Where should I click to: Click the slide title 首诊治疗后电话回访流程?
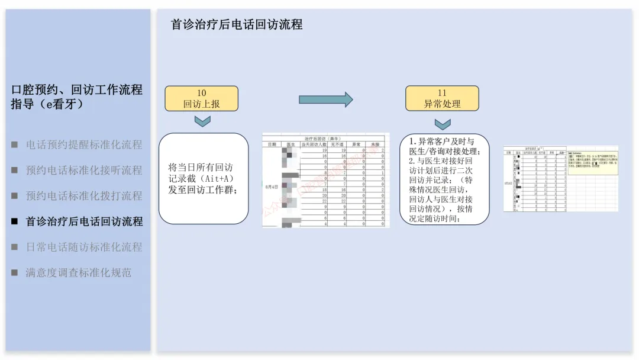237,25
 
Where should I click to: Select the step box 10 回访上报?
201,98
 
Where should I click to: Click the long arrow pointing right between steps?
325,99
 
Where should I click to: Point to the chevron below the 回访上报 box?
202,121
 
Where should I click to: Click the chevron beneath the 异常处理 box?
443,123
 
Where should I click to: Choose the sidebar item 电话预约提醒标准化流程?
84,144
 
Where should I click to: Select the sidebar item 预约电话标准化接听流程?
84,170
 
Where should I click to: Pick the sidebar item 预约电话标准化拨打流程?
84,195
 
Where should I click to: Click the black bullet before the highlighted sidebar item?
15,221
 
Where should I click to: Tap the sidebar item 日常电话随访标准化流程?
84,247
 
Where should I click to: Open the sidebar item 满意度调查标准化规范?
79,272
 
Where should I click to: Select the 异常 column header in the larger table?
356,144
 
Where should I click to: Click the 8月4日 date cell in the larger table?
272,187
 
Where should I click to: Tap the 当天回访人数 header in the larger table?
314,144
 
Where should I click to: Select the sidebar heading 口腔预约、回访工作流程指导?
77,97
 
